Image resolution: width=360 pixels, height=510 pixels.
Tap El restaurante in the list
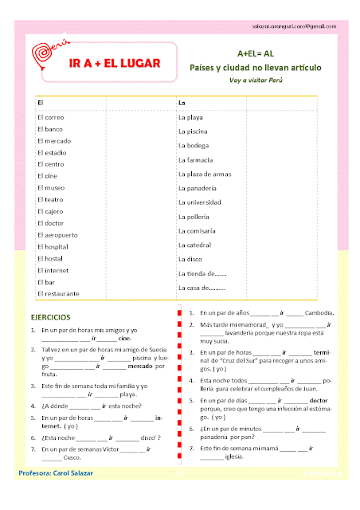pyautogui.click(x=58, y=294)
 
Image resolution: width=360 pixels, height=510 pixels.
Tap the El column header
pyautogui.click(x=40, y=103)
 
